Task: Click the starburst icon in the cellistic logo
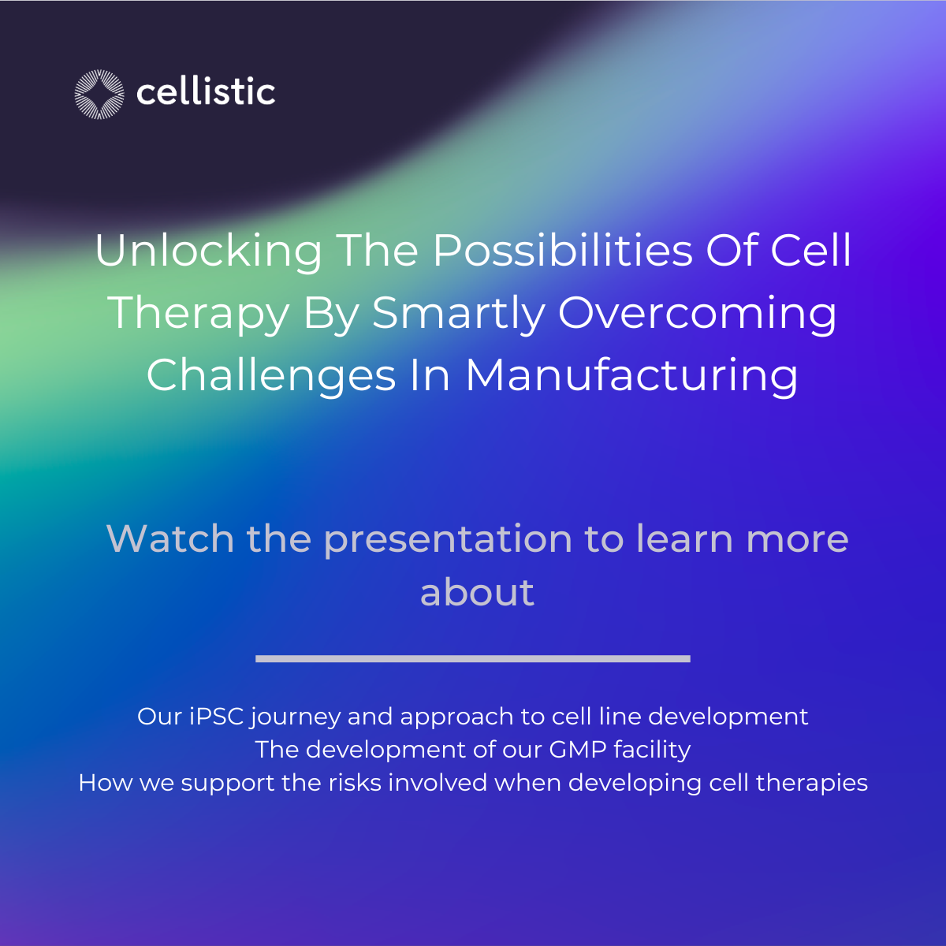click(x=99, y=95)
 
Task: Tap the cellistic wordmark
click(x=206, y=93)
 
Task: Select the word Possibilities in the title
click(x=561, y=251)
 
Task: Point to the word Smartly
click(x=458, y=314)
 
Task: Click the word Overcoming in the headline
click(x=698, y=314)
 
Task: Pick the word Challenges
click(x=270, y=376)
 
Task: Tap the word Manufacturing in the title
click(x=631, y=376)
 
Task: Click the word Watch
click(x=169, y=539)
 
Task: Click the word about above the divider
click(x=477, y=593)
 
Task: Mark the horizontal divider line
click(x=473, y=658)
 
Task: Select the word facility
click(x=652, y=750)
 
